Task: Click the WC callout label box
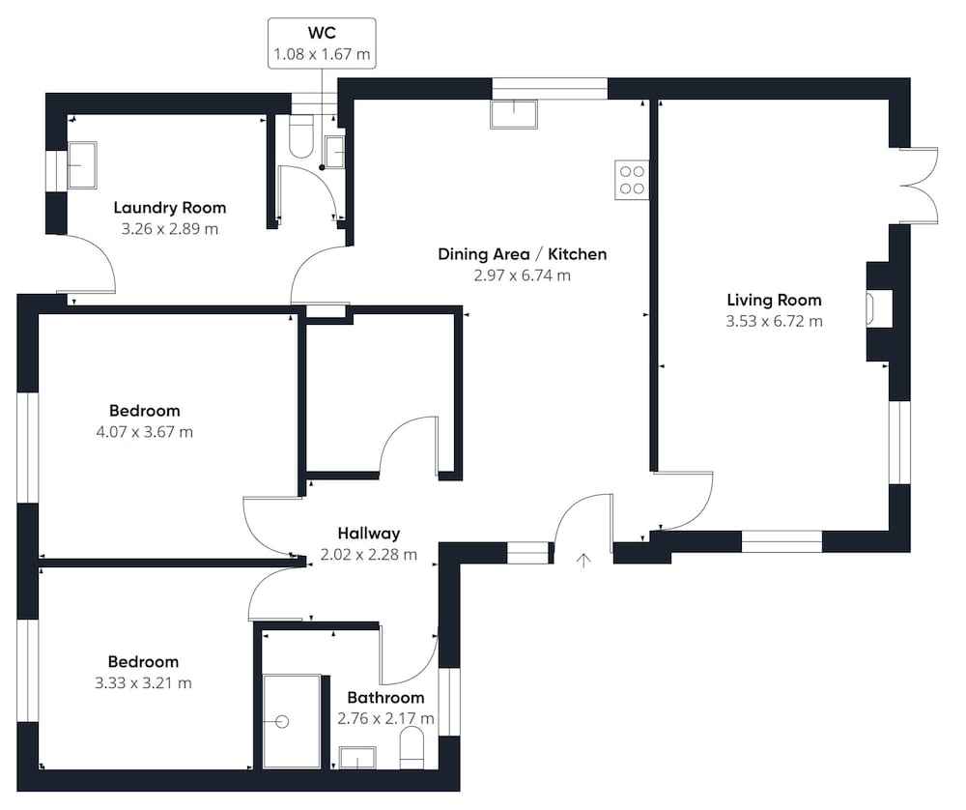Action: (x=322, y=43)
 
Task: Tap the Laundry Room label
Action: (x=169, y=208)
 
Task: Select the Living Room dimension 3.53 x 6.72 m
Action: (x=774, y=321)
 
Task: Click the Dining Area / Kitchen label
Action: (x=522, y=254)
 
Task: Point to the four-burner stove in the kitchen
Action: (x=632, y=180)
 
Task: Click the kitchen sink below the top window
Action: (x=514, y=114)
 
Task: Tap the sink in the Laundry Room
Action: (x=82, y=165)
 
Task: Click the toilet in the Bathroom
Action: (x=412, y=748)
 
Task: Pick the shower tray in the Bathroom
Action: (x=292, y=721)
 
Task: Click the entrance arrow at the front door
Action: (x=583, y=560)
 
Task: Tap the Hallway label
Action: (x=368, y=534)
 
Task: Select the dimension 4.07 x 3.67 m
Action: (x=144, y=432)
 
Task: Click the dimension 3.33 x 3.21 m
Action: (x=143, y=683)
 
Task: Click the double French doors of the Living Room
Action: (x=919, y=185)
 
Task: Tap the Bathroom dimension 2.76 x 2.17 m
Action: (x=385, y=719)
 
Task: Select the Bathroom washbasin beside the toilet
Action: (x=357, y=758)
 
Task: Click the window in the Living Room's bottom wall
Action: (x=781, y=541)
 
